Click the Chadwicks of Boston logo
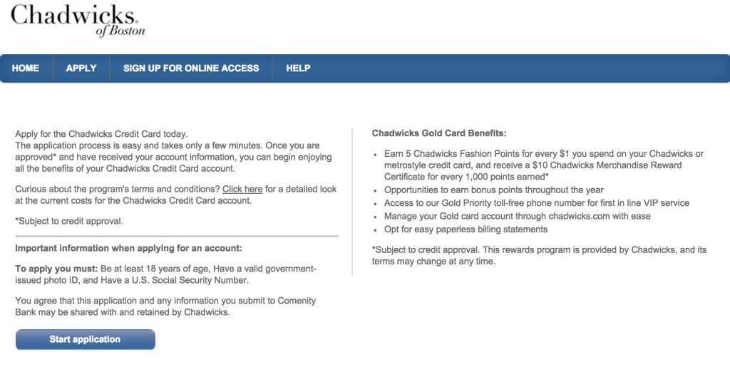pyautogui.click(x=78, y=20)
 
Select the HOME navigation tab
pyautogui.click(x=26, y=68)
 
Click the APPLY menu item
pyautogui.click(x=81, y=68)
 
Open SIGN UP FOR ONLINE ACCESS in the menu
pyautogui.click(x=191, y=68)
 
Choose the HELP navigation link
pyautogui.click(x=298, y=68)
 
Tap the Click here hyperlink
pyautogui.click(x=242, y=190)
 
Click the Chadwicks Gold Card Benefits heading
pyautogui.click(x=438, y=133)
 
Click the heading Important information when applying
pyautogui.click(x=128, y=248)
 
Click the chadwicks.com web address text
pyautogui.click(x=582, y=216)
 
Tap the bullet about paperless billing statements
pyautogui.click(x=466, y=229)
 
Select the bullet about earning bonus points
pyautogui.click(x=493, y=190)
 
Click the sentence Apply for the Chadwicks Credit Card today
pyautogui.click(x=101, y=134)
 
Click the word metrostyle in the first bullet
pyautogui.click(x=409, y=165)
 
